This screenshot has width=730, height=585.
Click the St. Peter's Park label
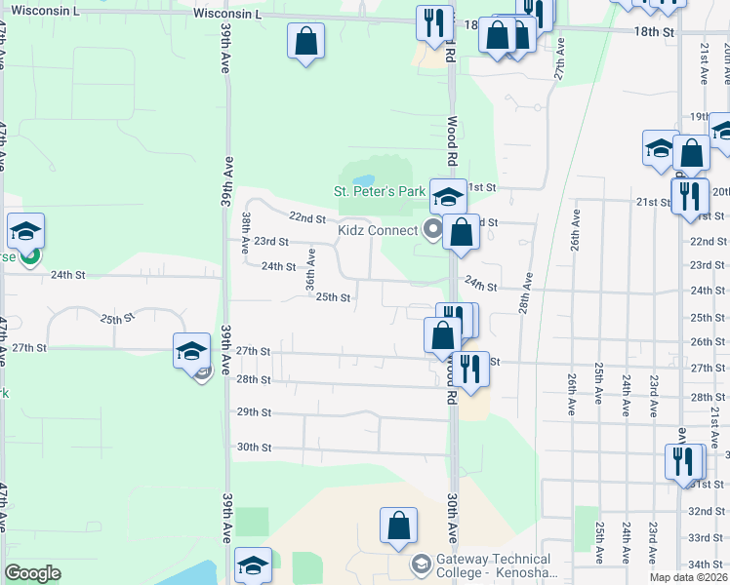pos(380,191)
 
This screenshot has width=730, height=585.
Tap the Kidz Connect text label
pos(377,231)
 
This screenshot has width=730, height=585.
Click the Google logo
pos(33,573)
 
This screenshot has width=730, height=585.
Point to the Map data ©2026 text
pos(689,577)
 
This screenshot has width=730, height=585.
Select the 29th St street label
pos(254,412)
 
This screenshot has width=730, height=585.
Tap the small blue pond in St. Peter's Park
pos(363,181)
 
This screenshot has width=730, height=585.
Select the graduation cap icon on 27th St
pos(191,350)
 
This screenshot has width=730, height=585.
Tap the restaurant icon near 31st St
pos(683,460)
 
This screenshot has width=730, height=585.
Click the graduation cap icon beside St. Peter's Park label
pos(447,195)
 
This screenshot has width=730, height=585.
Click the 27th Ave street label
pos(559,59)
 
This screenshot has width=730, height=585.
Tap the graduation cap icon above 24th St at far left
pos(25,231)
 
